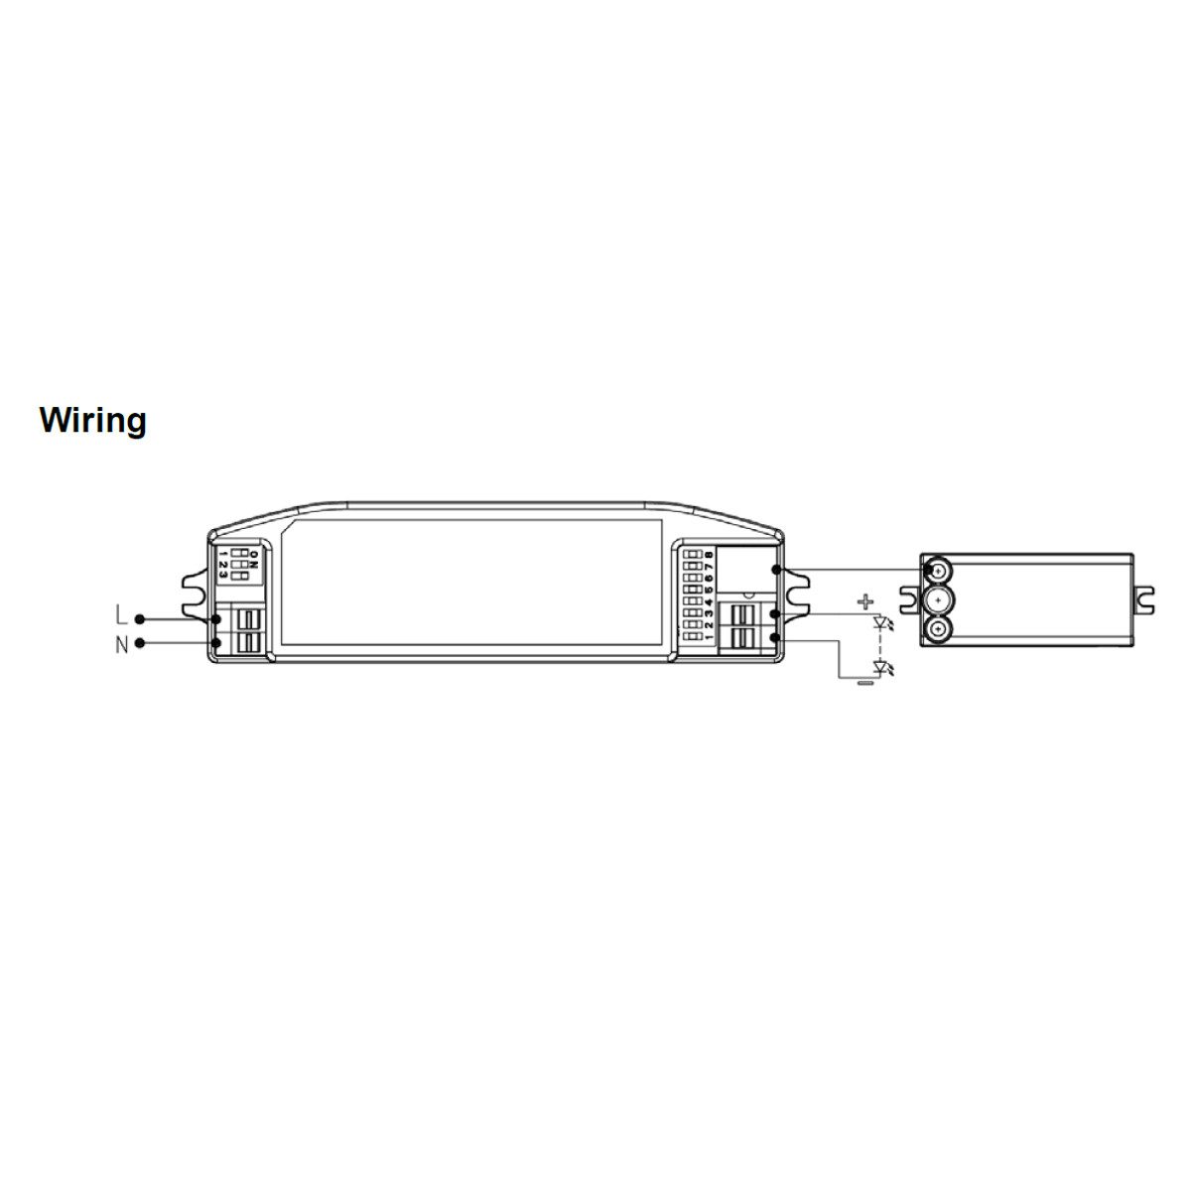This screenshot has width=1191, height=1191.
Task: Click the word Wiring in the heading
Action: [92, 421]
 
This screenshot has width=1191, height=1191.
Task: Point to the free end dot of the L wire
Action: [139, 618]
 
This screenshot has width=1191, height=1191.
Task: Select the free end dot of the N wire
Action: [139, 643]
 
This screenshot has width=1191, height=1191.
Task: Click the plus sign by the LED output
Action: [865, 601]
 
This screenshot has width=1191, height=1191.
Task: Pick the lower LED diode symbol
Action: [879, 667]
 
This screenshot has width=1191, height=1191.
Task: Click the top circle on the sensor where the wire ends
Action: [936, 570]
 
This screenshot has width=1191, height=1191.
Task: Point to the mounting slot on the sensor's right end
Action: [1145, 599]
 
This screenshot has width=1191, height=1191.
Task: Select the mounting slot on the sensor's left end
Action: [908, 599]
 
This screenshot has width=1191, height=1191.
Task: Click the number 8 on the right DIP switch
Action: [709, 555]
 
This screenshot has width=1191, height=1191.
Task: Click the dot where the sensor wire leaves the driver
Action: [775, 570]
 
